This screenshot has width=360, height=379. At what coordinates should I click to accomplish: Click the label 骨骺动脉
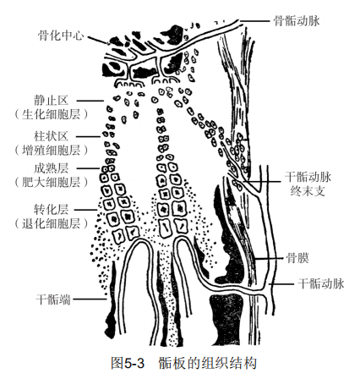[297, 21]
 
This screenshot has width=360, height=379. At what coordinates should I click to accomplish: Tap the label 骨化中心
[61, 36]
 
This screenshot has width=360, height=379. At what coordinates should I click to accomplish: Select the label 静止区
[51, 101]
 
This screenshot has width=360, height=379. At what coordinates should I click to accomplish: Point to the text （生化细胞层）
[51, 114]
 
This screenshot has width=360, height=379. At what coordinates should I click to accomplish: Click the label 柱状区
[51, 136]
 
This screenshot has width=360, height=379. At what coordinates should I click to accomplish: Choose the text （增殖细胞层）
[51, 150]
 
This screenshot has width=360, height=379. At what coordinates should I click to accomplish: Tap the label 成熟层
[51, 168]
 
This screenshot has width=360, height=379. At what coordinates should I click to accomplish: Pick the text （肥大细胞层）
[51, 183]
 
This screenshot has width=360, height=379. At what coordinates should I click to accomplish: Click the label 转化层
[51, 210]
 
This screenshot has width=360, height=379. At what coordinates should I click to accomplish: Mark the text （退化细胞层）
[51, 223]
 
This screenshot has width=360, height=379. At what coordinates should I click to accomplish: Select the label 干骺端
[53, 299]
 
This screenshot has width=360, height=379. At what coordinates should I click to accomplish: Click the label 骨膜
[297, 258]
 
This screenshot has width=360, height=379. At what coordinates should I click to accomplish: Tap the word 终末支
[308, 191]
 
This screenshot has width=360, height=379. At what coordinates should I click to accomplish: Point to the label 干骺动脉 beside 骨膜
[321, 283]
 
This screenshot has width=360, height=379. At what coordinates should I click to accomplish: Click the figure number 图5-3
[128, 363]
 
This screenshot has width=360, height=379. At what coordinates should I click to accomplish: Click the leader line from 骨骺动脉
[254, 20]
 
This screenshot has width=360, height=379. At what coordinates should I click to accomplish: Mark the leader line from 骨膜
[268, 258]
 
